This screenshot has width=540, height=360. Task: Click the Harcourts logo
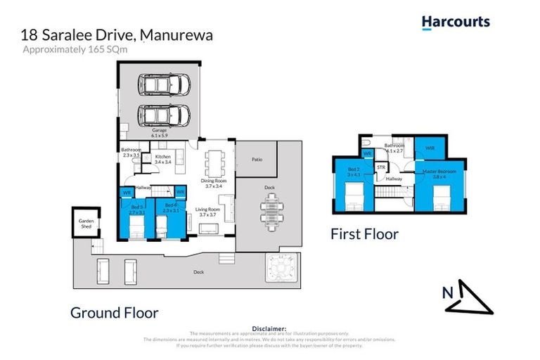point(456,22)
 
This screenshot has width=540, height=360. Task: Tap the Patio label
point(256,160)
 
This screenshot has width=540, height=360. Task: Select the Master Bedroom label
point(439,173)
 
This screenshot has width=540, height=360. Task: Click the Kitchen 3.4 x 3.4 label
point(163,159)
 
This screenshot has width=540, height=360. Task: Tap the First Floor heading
point(364,234)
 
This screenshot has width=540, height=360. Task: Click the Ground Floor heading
point(114,313)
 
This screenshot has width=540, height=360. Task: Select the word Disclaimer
point(269,328)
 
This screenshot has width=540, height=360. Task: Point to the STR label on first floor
point(380,167)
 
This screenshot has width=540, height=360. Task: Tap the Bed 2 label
point(353,171)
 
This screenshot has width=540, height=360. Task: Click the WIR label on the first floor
point(430,148)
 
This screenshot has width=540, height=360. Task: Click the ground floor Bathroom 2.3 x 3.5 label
point(131,152)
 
